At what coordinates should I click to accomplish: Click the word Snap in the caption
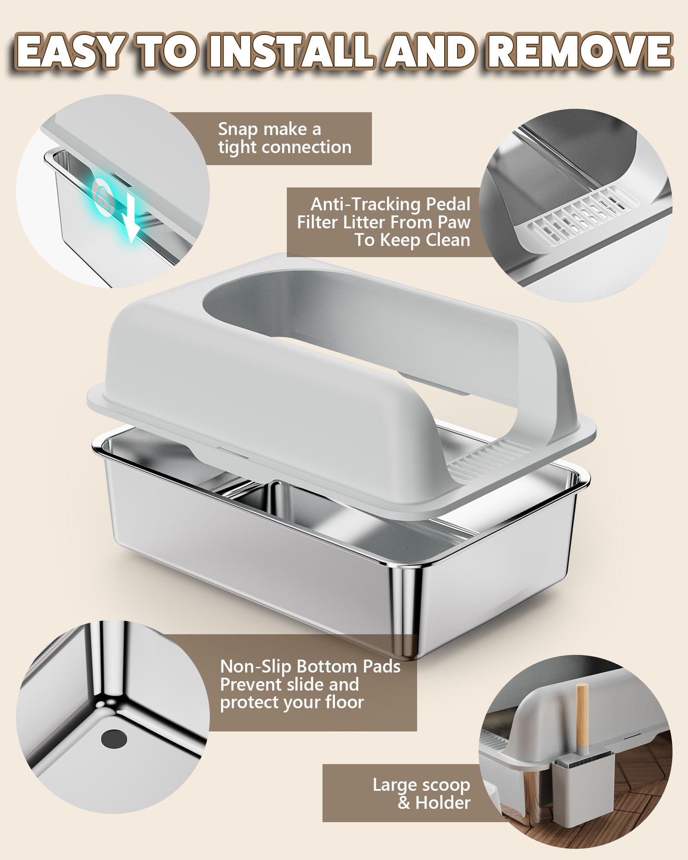tap(237, 129)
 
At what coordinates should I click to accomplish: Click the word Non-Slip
tap(257, 666)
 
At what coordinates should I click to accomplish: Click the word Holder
tap(443, 803)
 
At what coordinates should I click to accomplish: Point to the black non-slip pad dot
tap(114, 739)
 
